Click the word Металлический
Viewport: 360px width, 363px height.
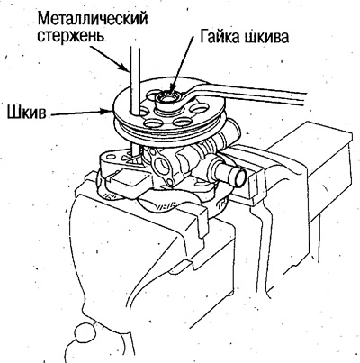point(93,20)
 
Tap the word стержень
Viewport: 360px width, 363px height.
point(71,37)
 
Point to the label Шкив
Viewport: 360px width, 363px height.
point(26,113)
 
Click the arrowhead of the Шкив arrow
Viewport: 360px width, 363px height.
point(107,111)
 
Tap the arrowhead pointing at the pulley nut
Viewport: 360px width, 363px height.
point(172,91)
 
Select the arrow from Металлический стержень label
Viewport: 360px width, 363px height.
point(111,58)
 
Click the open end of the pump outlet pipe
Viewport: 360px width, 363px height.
point(240,178)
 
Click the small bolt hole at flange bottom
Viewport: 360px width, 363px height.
point(170,182)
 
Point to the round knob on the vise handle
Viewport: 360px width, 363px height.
point(83,332)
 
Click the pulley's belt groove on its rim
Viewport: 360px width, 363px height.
point(168,128)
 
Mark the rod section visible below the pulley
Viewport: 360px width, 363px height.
point(135,150)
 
